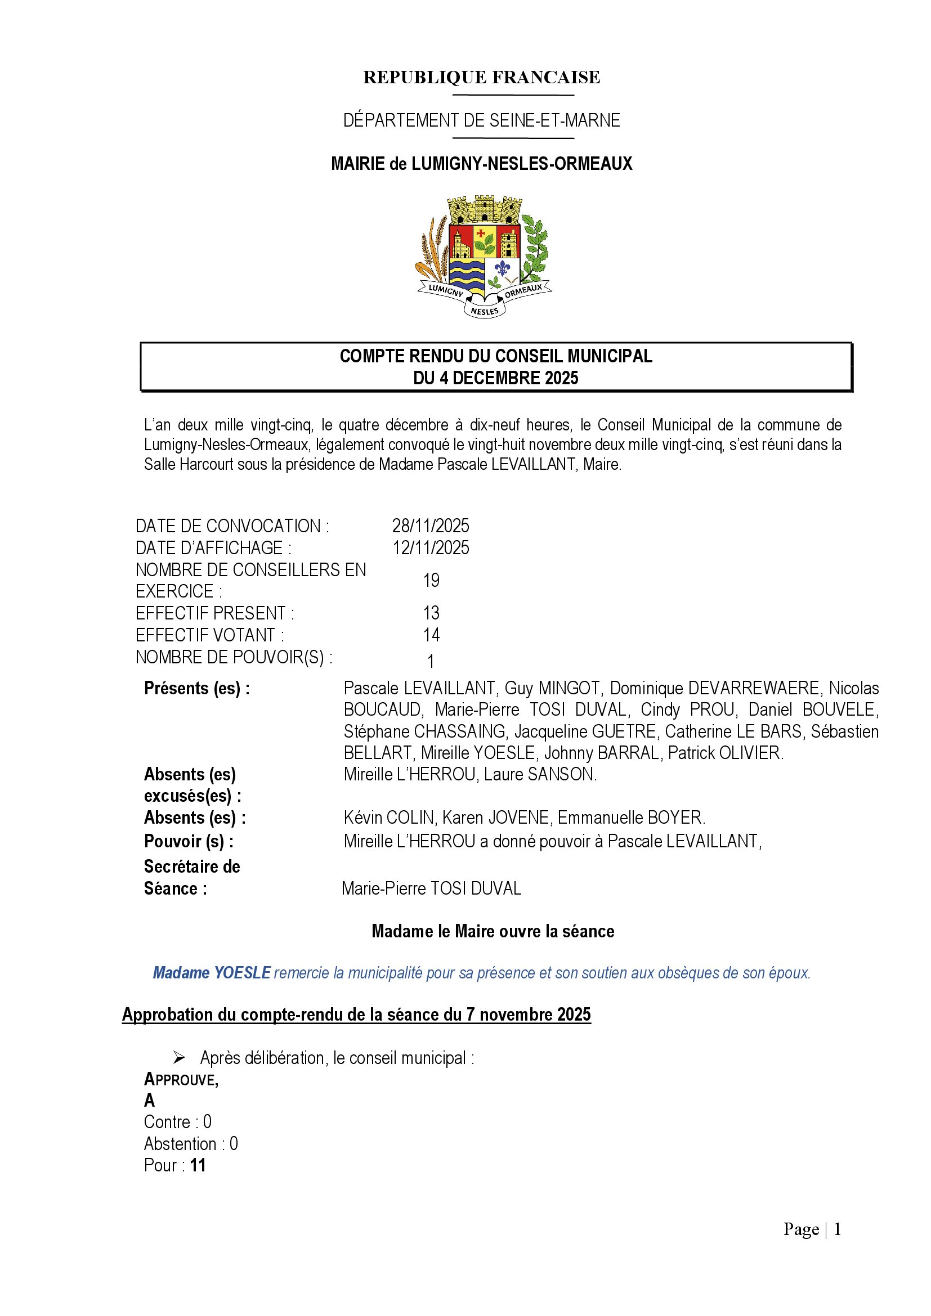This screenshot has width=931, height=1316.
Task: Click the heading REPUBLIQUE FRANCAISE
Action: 482,77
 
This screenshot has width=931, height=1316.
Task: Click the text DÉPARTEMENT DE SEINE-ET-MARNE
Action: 482,120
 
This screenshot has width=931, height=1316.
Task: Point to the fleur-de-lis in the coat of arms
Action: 503,268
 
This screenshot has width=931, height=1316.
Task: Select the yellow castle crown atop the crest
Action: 485,209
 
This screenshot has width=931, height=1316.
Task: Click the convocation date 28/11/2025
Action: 431,525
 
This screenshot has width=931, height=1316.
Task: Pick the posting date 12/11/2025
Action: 431,548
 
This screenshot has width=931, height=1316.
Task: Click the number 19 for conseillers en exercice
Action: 431,580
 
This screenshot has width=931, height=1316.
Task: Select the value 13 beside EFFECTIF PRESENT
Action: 431,613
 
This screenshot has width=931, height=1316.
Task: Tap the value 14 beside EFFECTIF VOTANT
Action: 431,635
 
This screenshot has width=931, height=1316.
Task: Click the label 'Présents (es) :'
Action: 196,688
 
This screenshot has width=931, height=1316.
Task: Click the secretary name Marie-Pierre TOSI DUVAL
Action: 431,889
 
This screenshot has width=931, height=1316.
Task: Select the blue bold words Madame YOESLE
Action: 212,973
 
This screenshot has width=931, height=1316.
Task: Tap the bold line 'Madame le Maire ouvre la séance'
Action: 493,931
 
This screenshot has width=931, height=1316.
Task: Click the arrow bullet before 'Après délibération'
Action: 180,1058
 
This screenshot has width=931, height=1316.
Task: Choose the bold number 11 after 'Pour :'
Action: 198,1165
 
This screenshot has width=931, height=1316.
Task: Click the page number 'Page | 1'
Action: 812,1229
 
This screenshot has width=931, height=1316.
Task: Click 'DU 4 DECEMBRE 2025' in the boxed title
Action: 496,378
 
